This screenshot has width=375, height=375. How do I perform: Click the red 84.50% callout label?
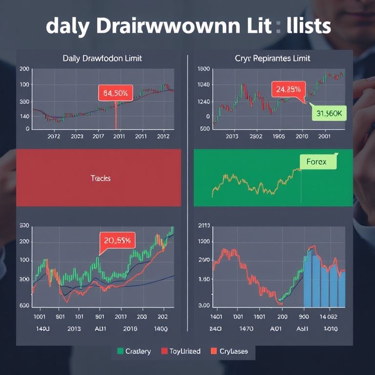tap(116, 93)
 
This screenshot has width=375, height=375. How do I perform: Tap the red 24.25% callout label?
tap(288, 89)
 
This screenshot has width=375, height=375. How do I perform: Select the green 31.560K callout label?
tap(329, 113)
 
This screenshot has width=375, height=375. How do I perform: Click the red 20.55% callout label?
tap(117, 240)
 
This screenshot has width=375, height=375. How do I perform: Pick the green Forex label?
tap(316, 161)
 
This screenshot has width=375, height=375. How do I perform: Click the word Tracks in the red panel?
tap(101, 178)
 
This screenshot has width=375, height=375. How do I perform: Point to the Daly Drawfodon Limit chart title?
tap(103, 58)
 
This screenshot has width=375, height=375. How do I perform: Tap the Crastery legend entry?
tap(134, 351)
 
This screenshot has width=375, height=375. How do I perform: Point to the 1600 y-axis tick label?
tap(204, 69)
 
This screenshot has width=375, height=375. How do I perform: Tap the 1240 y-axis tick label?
tap(204, 102)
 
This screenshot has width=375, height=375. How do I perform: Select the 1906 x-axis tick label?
tap(279, 137)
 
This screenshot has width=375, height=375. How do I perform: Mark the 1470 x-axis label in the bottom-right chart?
tap(246, 329)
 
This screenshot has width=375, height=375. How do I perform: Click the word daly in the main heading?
tap(68, 26)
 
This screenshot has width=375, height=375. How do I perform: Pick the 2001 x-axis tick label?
tap(324, 137)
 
